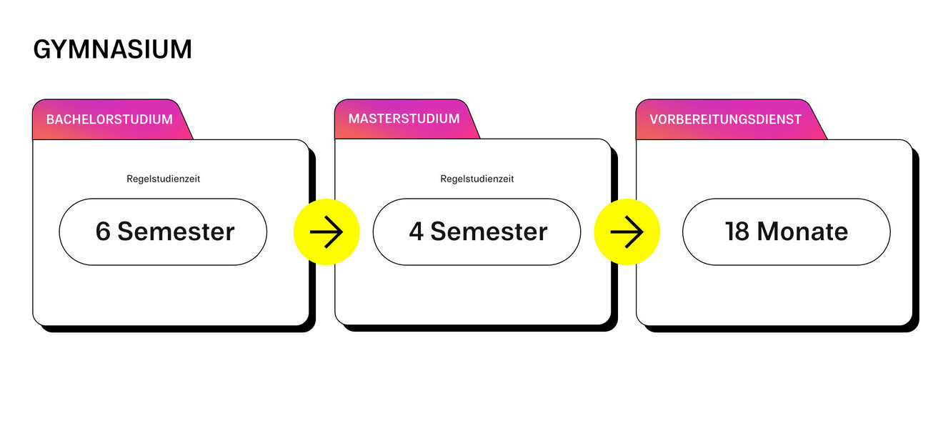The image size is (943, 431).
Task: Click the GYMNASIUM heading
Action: pyautogui.click(x=112, y=49)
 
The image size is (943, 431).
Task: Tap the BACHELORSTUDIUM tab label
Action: pyautogui.click(x=109, y=119)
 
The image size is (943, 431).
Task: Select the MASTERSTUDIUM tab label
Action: pyautogui.click(x=404, y=119)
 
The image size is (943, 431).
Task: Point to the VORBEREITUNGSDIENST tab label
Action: pyautogui.click(x=725, y=119)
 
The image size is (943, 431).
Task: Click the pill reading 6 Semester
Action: pyautogui.click(x=163, y=232)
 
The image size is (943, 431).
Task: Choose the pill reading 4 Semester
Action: pyautogui.click(x=477, y=232)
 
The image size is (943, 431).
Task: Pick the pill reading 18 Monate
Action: pyautogui.click(x=786, y=232)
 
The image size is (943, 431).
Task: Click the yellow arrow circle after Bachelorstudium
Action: pyautogui.click(x=326, y=232)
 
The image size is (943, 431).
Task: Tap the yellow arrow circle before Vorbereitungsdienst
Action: pyautogui.click(x=627, y=232)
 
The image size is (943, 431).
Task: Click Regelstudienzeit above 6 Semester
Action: pyautogui.click(x=163, y=179)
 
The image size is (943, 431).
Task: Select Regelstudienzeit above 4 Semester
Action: pyautogui.click(x=477, y=179)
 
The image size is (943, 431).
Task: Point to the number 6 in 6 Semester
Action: pyautogui.click(x=103, y=232)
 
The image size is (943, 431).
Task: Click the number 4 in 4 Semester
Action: pyautogui.click(x=416, y=232)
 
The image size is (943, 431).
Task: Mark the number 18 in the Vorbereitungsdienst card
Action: pyautogui.click(x=737, y=232)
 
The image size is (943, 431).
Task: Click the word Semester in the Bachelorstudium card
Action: pyautogui.click(x=176, y=232)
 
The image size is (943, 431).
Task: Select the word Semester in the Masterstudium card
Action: pyautogui.click(x=489, y=232)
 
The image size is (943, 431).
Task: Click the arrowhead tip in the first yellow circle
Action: pyautogui.click(x=342, y=232)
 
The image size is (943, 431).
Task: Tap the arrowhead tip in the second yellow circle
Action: pyautogui.click(x=643, y=232)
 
